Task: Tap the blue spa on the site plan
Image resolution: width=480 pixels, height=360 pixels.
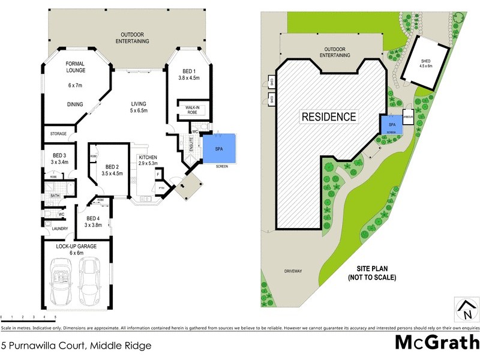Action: pos(392,125)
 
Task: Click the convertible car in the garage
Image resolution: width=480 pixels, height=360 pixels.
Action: pos(61,281)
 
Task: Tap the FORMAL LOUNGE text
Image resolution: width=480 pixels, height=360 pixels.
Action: pos(76,67)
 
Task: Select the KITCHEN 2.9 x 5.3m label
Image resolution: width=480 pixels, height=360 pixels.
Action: pos(148,160)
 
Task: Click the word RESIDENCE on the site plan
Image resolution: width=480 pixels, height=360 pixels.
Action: pos(328,116)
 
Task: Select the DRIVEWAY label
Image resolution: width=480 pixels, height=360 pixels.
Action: pos(293,272)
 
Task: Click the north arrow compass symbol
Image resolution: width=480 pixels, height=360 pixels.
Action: pos(465,310)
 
